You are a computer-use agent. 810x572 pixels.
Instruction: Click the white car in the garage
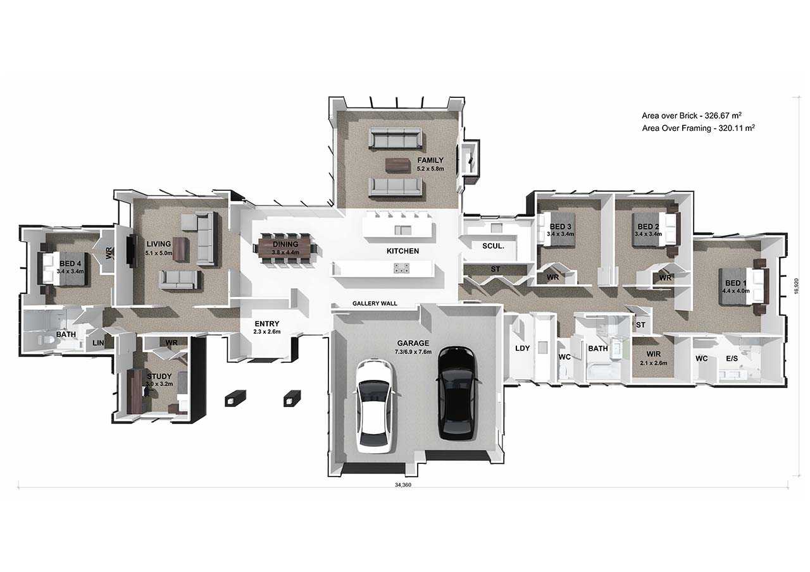[375, 406]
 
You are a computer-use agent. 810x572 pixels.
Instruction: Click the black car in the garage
[456, 393]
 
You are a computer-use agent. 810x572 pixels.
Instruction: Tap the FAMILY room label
[430, 160]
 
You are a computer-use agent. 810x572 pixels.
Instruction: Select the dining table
[285, 247]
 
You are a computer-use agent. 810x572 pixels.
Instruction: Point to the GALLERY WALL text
[375, 303]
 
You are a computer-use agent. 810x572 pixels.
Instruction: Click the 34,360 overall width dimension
[403, 485]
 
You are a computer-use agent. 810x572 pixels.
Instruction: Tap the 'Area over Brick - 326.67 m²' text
[692, 116]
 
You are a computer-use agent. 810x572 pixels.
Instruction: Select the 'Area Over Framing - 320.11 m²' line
[698, 128]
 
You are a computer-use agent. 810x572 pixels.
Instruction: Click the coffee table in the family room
[398, 166]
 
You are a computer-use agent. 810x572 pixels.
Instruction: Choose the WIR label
[653, 354]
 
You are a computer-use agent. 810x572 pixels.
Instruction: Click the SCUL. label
[493, 246]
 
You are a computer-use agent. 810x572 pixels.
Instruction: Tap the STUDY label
[159, 376]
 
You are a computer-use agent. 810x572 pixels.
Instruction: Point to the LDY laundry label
[522, 348]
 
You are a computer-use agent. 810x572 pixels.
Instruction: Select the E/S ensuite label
[732, 358]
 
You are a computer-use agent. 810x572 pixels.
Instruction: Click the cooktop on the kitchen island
[402, 268]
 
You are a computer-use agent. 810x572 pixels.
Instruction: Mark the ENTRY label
[267, 324]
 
